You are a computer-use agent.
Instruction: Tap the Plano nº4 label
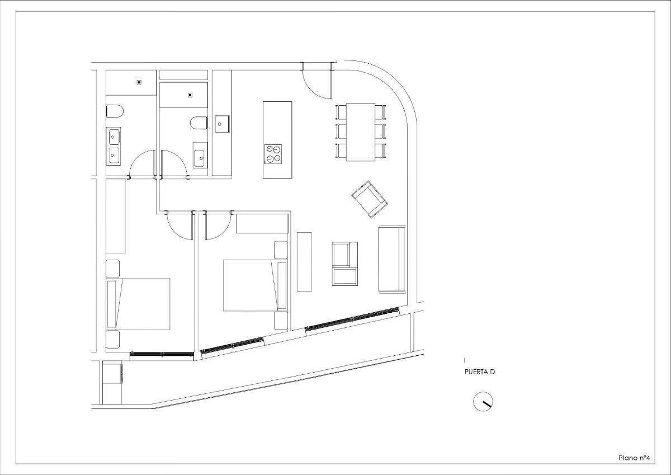634,457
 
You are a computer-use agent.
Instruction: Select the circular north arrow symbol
483,402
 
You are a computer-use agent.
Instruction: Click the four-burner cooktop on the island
273,154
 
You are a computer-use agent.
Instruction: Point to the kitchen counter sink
222,124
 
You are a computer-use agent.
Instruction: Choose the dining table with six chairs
361,132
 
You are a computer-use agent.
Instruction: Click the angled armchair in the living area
370,199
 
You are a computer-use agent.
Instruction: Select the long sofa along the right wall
391,258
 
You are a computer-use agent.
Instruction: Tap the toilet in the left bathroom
114,111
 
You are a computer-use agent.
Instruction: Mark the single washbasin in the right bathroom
200,155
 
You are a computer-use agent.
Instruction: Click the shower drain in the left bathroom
139,82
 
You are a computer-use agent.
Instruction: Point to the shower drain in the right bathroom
190,95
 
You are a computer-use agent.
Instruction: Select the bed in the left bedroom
138,304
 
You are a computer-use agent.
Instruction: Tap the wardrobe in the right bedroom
262,223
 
